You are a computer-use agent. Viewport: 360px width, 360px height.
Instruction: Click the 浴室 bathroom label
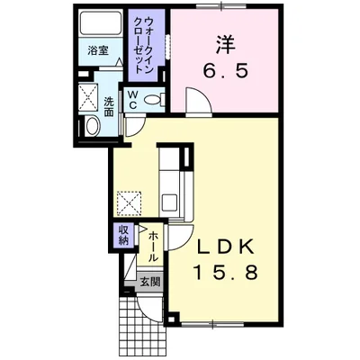coord(98,50)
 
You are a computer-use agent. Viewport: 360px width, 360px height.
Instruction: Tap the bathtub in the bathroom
coord(101,22)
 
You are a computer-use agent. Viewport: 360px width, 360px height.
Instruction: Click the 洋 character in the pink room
coord(224,44)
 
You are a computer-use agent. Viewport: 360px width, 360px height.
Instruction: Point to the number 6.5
coord(226,71)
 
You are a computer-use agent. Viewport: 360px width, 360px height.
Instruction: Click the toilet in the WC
coord(154,99)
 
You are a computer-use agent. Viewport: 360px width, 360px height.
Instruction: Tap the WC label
coord(133,100)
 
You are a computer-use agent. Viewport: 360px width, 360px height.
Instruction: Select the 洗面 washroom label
coord(109,107)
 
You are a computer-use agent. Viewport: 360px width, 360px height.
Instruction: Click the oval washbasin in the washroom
coord(92,126)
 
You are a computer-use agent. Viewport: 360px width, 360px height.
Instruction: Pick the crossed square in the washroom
coord(88,97)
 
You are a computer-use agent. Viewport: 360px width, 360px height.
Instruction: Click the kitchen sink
coord(169,202)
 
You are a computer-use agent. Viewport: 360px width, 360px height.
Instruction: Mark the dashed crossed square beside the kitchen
coord(130,203)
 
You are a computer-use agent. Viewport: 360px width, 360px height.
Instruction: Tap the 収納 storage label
coord(124,235)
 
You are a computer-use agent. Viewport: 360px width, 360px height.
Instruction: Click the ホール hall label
coord(153,247)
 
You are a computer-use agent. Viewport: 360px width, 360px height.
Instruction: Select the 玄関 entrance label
coord(150,282)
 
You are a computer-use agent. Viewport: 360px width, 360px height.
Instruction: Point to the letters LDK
coord(226,247)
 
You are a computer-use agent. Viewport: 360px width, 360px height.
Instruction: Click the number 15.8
coord(226,273)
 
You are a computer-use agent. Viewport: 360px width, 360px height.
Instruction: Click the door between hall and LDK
coord(181,237)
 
